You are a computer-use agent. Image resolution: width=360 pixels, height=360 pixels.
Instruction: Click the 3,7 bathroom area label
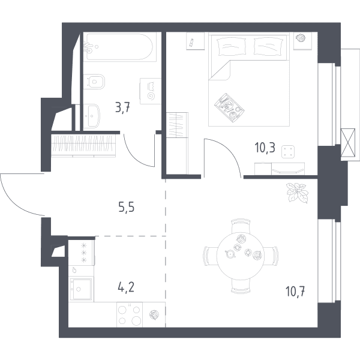pyautogui.click(x=122, y=107)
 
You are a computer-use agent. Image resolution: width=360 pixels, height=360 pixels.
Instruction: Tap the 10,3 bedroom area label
pyautogui.click(x=265, y=148)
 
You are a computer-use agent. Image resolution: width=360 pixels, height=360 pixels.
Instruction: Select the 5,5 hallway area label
pyautogui.click(x=126, y=207)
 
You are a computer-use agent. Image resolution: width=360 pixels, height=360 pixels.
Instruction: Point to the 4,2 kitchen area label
pyautogui.click(x=126, y=287)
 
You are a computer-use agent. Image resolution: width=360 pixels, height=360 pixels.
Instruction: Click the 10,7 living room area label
pyautogui.click(x=295, y=292)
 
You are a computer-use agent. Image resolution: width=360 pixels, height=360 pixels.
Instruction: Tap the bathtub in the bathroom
pyautogui.click(x=119, y=47)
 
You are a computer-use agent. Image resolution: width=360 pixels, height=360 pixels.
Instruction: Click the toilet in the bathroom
pyautogui.click(x=94, y=82)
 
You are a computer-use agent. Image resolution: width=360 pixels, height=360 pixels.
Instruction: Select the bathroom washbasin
pyautogui.click(x=91, y=116)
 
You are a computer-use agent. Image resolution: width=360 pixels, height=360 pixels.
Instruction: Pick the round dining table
pyautogui.click(x=240, y=256)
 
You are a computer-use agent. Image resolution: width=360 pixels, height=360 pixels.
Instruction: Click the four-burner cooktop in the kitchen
pyautogui.click(x=130, y=314)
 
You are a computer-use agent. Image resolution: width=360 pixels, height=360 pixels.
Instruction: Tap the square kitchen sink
pyautogui.click(x=81, y=289)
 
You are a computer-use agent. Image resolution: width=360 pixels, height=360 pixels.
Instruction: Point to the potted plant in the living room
pyautogui.click(x=297, y=193)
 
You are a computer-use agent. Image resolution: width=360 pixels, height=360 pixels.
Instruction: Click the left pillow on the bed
pyautogui.click(x=232, y=47)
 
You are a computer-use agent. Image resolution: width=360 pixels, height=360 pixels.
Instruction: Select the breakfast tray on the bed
pyautogui.click(x=229, y=107)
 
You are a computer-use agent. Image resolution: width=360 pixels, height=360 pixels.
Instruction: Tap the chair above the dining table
pyautogui.click(x=241, y=226)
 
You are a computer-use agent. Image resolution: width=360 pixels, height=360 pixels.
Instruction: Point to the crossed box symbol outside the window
pyautogui.click(x=348, y=143)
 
